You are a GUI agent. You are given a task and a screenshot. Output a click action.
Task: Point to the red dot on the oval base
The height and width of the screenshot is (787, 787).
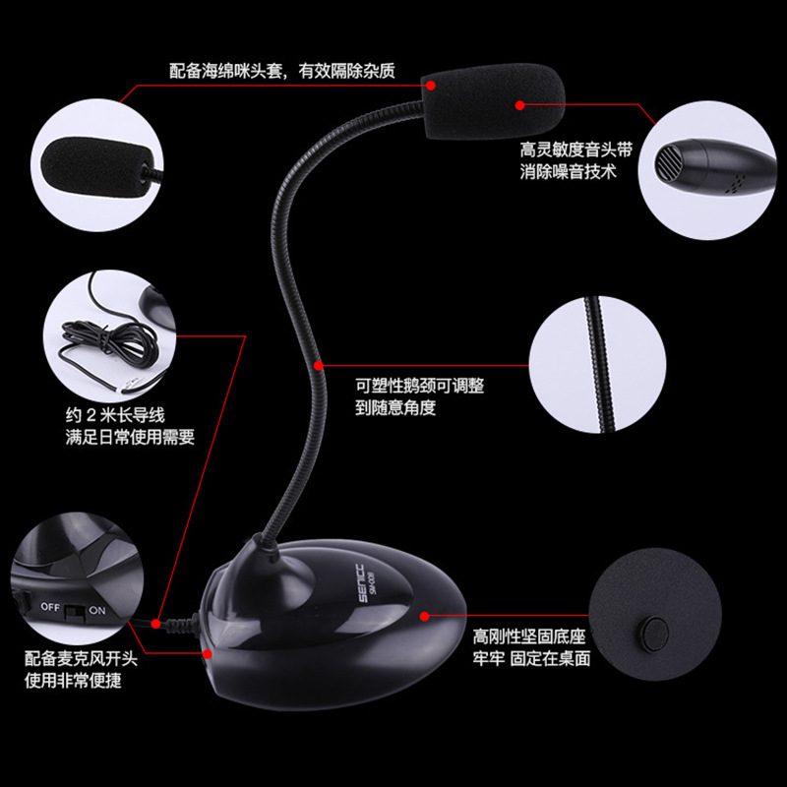coord(425,616)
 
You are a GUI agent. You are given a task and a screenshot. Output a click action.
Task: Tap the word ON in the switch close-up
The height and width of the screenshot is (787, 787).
coord(97,607)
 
